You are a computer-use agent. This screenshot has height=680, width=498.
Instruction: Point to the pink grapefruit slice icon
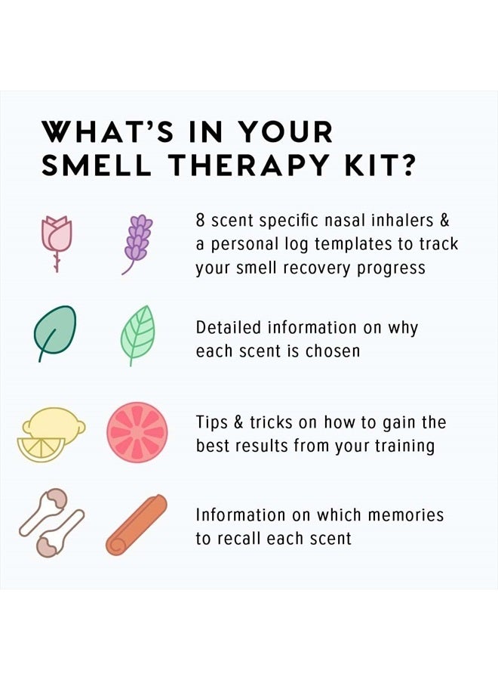click(x=137, y=432)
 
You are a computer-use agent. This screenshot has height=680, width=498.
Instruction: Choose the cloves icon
click(x=51, y=524)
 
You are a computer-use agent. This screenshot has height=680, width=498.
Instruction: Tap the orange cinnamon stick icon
click(x=137, y=525)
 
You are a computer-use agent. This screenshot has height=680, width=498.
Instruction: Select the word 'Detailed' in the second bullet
click(x=226, y=328)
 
